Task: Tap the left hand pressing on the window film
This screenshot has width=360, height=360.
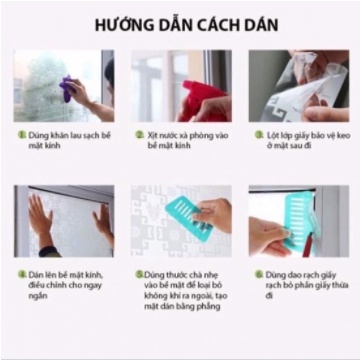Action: pyautogui.click(x=39, y=219)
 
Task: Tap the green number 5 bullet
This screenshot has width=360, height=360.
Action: pyautogui.click(x=139, y=272)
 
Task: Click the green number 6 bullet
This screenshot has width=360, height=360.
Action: pyautogui.click(x=257, y=272)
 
